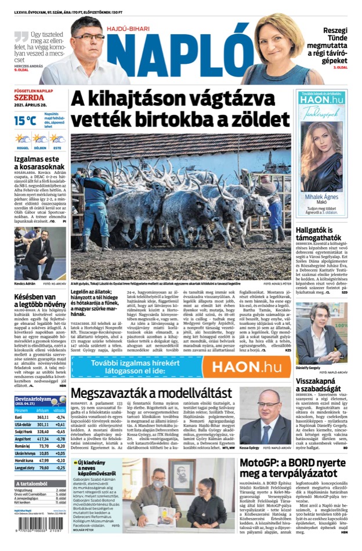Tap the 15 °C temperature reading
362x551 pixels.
click(x=25, y=121)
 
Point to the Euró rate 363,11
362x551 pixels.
click(x=43, y=417)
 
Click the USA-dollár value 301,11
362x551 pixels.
click(x=43, y=425)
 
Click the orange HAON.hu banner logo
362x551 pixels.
click(x=250, y=367)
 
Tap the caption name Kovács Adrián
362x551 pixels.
click(x=26, y=267)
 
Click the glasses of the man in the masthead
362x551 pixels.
click(x=89, y=37)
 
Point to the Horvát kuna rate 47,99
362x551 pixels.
click(x=43, y=460)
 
